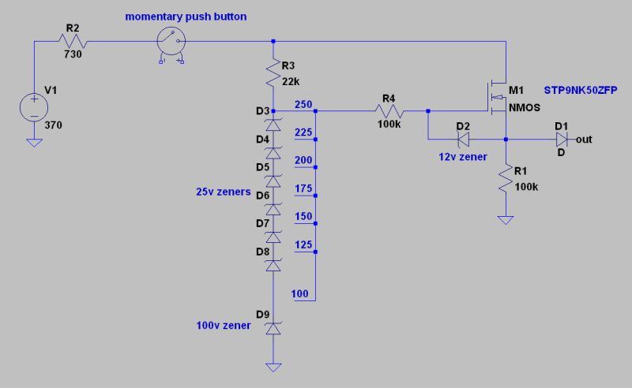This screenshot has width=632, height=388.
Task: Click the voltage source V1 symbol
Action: (34, 106)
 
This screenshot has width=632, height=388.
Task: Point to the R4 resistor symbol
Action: (388, 111)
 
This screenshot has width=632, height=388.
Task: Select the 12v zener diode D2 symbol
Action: (463, 140)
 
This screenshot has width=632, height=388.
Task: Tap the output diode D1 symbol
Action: (561, 140)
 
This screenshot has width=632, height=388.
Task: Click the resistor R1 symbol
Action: (506, 181)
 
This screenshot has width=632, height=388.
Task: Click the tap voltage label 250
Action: (303, 104)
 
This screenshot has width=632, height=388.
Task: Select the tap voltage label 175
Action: (303, 188)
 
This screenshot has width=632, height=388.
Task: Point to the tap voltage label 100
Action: (300, 294)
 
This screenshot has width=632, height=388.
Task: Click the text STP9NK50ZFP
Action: (581, 91)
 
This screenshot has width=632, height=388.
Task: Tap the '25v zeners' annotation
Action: (224, 192)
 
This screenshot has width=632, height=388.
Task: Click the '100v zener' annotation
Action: (224, 325)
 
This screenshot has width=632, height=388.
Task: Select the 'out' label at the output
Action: (584, 140)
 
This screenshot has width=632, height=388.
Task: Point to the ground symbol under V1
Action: (34, 143)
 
